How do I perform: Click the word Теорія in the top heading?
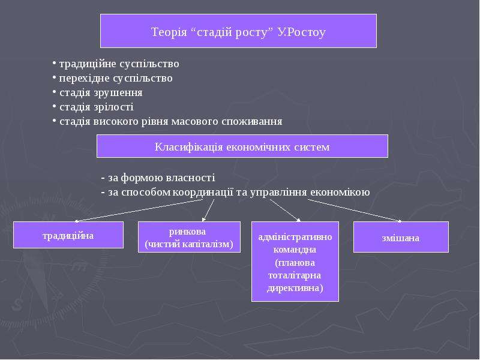(169, 32)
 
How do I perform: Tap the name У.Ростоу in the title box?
(301, 32)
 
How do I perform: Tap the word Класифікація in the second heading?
(188, 147)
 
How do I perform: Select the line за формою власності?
(158, 178)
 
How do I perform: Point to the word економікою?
(340, 192)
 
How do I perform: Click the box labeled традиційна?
(68, 235)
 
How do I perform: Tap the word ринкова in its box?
(187, 232)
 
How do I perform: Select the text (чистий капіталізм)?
(189, 244)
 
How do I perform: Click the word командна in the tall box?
(295, 250)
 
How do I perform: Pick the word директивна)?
(295, 289)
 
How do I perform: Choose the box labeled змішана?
(401, 237)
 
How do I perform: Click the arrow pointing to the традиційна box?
(139, 211)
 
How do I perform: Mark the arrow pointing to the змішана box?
(355, 211)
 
